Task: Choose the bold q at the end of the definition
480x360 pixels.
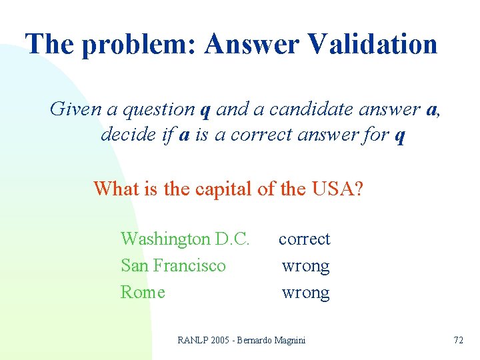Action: pos(400,137)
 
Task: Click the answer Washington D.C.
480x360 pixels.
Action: pos(185,239)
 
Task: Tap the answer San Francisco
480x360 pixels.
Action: pos(173,265)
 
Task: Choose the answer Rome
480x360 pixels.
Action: pos(143,292)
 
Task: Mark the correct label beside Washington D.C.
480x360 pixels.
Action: pos(304,239)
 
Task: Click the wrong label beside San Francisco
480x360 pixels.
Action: pos(305,266)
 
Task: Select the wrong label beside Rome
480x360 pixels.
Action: pos(305,293)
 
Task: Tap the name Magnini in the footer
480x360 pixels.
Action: pos(289,340)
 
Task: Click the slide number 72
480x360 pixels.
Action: pos(458,340)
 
